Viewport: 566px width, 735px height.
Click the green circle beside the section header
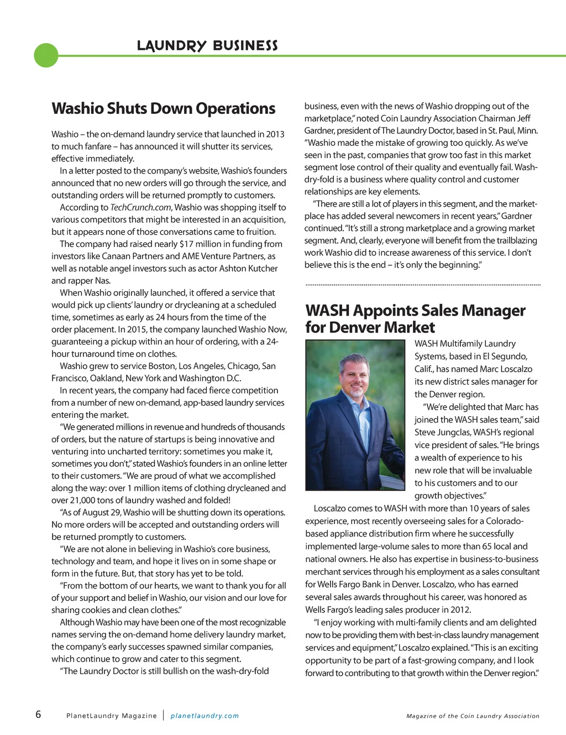(x=46, y=55)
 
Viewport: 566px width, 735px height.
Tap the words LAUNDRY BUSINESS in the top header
(x=207, y=45)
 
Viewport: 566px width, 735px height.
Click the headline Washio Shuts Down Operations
(x=163, y=108)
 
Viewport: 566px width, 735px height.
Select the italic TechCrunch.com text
(x=141, y=207)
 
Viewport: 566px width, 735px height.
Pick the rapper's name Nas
(x=102, y=280)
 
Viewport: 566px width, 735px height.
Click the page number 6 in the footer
(x=38, y=714)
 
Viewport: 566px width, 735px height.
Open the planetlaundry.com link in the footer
(x=205, y=716)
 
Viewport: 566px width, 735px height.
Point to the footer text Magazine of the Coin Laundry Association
(x=473, y=716)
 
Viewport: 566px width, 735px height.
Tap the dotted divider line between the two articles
(x=423, y=285)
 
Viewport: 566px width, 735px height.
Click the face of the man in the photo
(x=354, y=374)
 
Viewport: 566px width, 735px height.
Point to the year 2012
(x=459, y=610)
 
